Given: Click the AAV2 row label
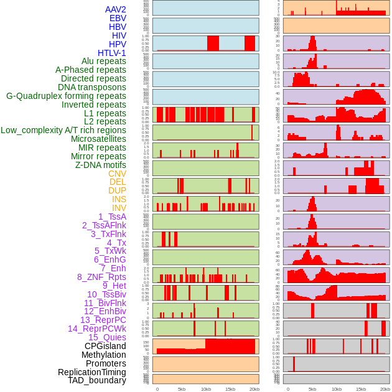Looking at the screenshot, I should click(115, 9).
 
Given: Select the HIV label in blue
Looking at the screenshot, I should click(119, 35).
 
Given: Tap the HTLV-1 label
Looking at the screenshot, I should click(111, 53).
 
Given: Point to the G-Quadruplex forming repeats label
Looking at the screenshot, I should click(66, 96).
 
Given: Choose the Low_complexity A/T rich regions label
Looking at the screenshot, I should click(63, 130).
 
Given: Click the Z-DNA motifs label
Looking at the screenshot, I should click(100, 165).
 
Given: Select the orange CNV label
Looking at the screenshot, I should click(117, 174).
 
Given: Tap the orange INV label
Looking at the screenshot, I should click(119, 208).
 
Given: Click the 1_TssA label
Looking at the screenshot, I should click(112, 217).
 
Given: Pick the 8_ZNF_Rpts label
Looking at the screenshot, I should click(101, 277).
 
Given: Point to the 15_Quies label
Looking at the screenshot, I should click(107, 337).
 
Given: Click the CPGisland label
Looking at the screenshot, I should click(105, 346).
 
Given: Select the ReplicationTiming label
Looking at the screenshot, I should click(91, 372).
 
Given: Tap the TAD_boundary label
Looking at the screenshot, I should click(96, 380).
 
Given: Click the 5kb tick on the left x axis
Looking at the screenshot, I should click(182, 389).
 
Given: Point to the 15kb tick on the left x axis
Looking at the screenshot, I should click(230, 389).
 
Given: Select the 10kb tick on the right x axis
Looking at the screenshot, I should click(337, 389).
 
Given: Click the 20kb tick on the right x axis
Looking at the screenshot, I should click(385, 389).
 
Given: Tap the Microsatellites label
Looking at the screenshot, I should click(98, 139).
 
